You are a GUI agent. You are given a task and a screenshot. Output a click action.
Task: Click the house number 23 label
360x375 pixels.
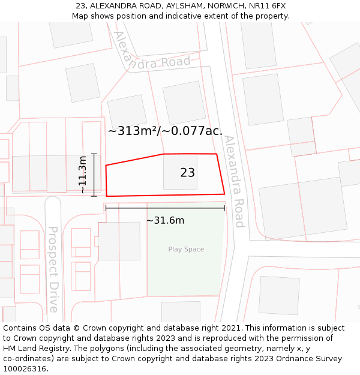pos(187,173)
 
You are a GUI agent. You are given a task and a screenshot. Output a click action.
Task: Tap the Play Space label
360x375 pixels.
pos(186,249)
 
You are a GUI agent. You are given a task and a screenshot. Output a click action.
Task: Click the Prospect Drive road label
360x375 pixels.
pos(53,269)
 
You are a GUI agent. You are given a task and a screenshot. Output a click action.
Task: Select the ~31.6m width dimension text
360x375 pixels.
pos(165,220)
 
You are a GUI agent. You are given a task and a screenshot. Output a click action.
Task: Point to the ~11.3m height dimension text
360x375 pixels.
pos(83,175)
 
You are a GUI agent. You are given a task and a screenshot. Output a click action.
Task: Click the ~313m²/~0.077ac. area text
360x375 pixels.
pos(165,131)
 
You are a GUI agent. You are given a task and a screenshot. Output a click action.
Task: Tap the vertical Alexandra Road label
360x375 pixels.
pos(234,181)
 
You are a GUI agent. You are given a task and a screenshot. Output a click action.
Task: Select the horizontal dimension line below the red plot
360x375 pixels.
pos(165,208)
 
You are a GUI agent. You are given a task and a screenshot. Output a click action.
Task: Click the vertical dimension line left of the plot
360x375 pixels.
pos(94,175)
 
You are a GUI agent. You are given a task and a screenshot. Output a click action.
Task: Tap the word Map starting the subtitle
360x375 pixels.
pos(80,16)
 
